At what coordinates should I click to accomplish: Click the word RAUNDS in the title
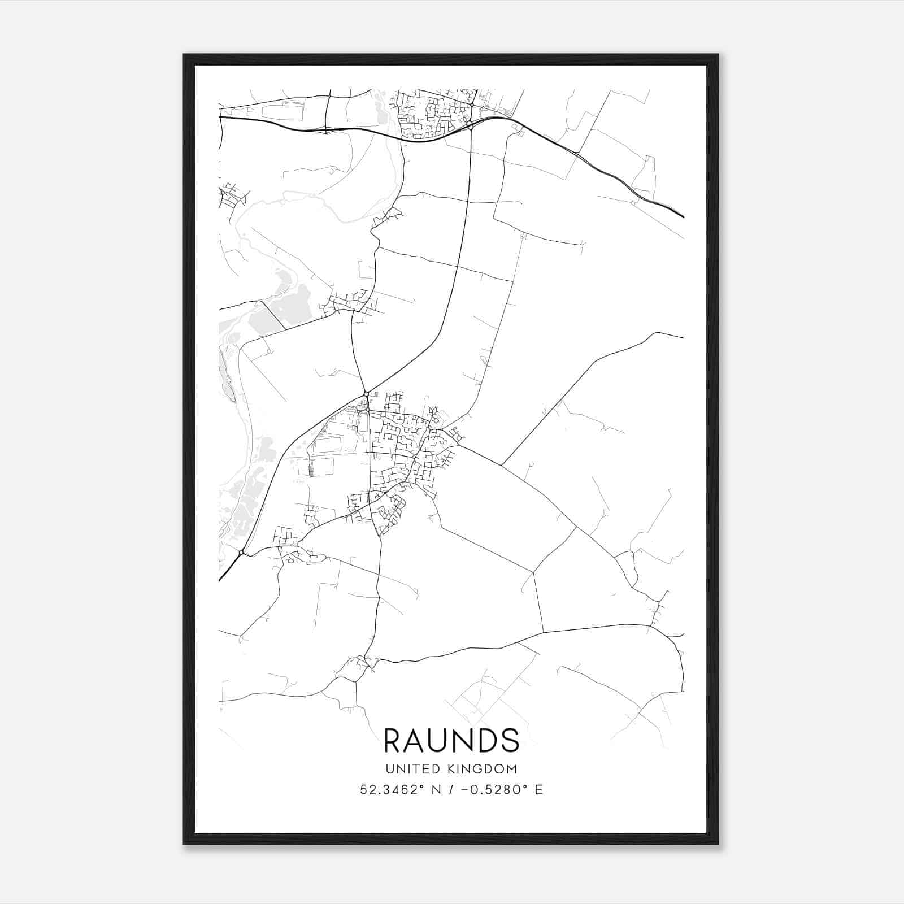451,741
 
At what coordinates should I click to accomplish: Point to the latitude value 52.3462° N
398,790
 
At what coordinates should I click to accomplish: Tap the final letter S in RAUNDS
510,741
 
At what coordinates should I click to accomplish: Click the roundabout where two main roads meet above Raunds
366,393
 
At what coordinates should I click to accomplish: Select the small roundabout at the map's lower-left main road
241,553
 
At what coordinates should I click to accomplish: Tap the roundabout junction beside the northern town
470,124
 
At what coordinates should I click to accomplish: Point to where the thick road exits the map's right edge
683,216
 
